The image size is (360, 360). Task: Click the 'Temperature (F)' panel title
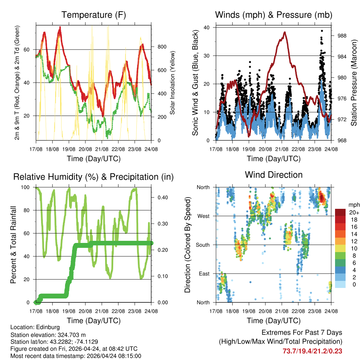pyautogui.click(x=94, y=15)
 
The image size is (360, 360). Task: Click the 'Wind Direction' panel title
pyautogui.click(x=274, y=175)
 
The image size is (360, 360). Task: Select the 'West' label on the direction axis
pyautogui.click(x=203, y=216)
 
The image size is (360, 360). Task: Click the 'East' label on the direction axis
pyautogui.click(x=204, y=274)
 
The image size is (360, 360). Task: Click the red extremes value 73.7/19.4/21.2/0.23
pyautogui.click(x=312, y=351)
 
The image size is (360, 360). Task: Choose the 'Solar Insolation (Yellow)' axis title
pyautogui.click(x=173, y=83)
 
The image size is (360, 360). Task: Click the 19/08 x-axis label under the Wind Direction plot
pyautogui.click(x=249, y=311)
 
